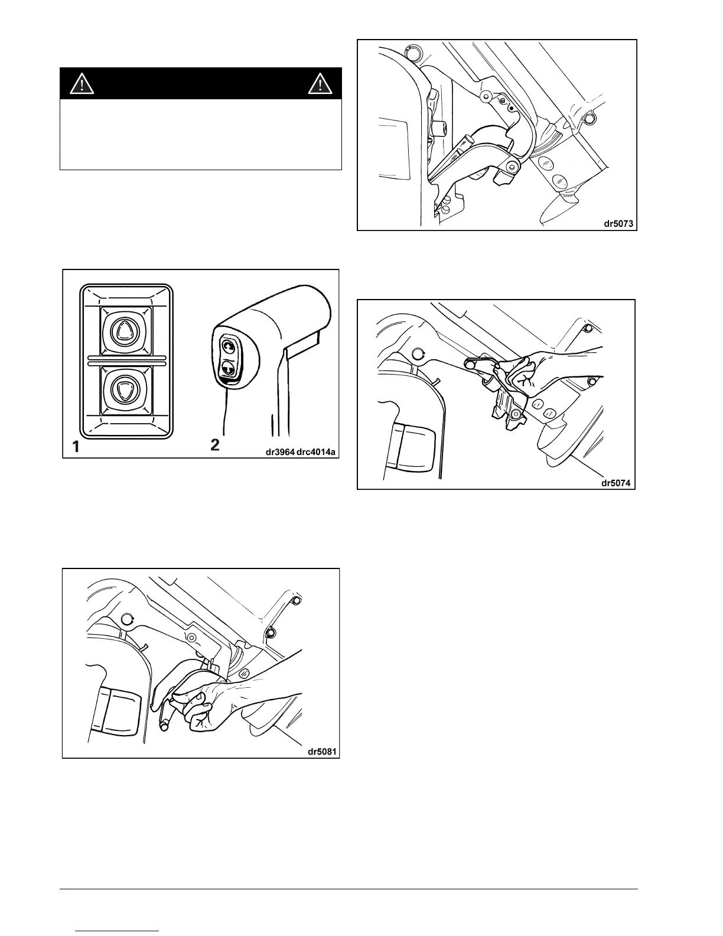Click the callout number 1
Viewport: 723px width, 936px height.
76,447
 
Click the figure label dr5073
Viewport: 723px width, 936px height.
617,224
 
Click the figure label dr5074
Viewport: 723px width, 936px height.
615,483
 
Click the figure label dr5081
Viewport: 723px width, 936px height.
321,752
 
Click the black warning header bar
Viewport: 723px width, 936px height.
201,83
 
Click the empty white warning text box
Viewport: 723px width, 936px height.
201,134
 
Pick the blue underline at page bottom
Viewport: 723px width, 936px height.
118,931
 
